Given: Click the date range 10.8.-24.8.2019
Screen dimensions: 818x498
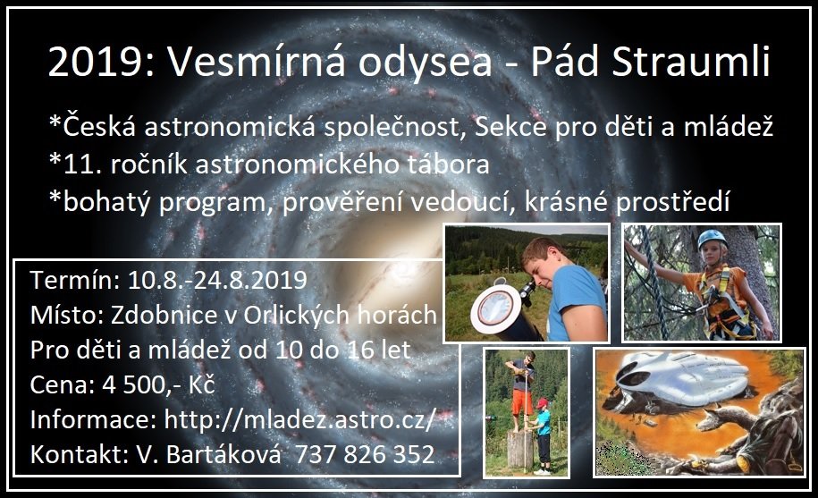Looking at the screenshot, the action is [x=217, y=280].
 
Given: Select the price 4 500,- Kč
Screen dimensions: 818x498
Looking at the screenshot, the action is [x=158, y=385].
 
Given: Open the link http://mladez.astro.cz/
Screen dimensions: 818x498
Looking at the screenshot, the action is [x=299, y=420].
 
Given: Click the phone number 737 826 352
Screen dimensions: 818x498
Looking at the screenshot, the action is [x=365, y=454].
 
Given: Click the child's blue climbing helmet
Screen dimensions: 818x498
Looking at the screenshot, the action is [x=712, y=239].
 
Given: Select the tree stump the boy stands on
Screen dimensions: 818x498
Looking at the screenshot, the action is [x=520, y=450].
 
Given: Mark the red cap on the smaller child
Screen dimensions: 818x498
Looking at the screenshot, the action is [x=543, y=402].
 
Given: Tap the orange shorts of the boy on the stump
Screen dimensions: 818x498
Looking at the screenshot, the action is [x=522, y=402].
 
